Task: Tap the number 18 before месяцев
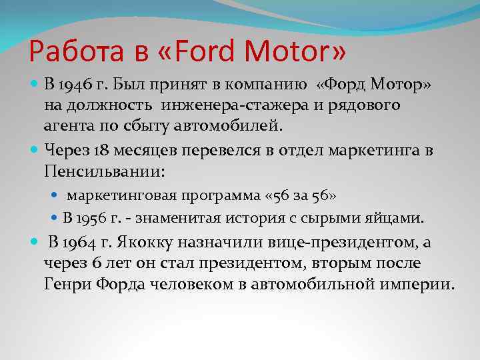point(102,150)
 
